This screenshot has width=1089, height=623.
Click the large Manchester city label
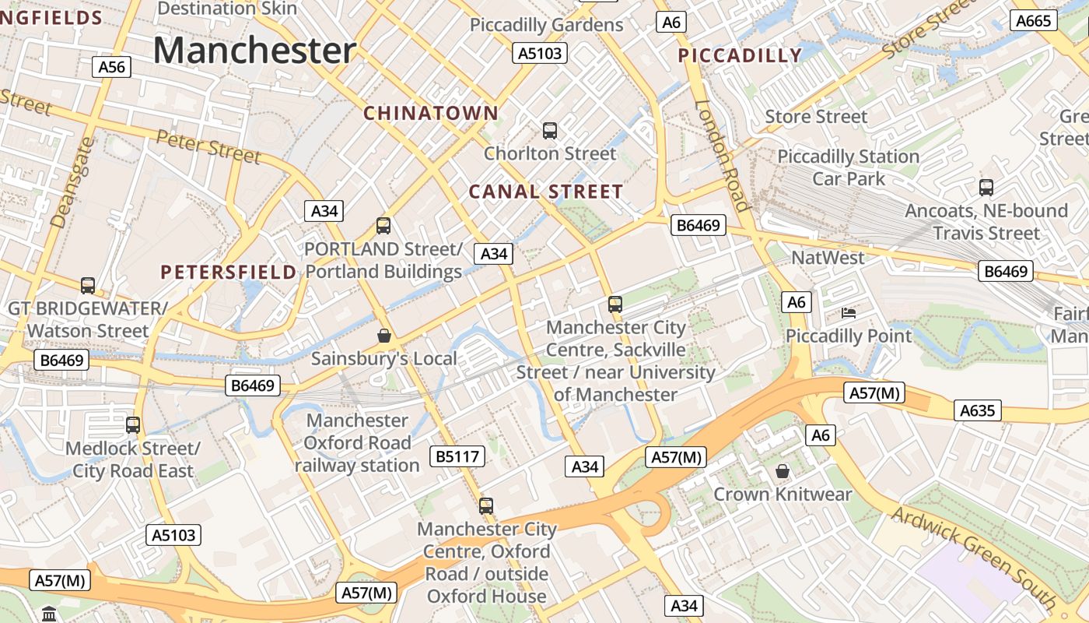[254, 51]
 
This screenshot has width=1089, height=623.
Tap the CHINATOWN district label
[431, 113]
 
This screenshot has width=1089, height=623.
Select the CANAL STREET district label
[546, 192]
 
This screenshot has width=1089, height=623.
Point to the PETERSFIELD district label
[229, 272]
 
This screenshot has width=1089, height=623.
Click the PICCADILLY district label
[740, 55]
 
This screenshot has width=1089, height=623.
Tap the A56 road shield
[111, 67]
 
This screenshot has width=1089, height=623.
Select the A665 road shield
[1034, 21]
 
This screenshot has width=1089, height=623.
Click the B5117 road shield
[458, 456]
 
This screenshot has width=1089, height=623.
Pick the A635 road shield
[978, 410]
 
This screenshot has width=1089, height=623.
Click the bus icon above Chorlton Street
[550, 130]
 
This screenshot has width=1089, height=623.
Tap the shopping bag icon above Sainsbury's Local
[383, 336]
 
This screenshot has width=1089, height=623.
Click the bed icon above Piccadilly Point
[849, 313]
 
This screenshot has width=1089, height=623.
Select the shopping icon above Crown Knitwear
[783, 471]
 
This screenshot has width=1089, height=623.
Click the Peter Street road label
[208, 146]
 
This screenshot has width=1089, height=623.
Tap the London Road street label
[722, 156]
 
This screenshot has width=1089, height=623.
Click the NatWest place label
[828, 258]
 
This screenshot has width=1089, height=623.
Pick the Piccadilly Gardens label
[547, 25]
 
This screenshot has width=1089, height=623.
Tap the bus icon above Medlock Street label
[133, 425]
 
